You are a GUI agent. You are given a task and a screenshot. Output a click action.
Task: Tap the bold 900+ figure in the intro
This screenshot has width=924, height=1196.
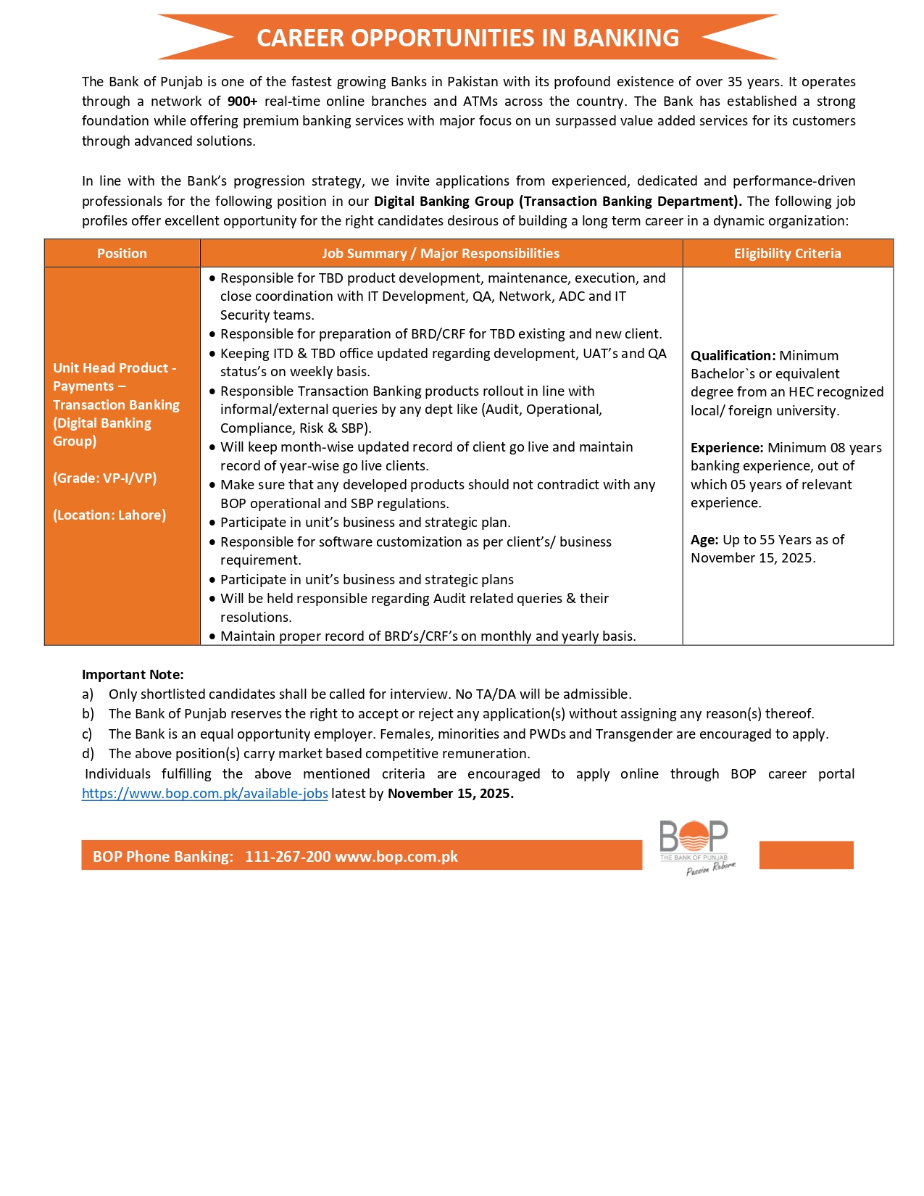coord(242,101)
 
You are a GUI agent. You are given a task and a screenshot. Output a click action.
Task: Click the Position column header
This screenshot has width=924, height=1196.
coord(122,253)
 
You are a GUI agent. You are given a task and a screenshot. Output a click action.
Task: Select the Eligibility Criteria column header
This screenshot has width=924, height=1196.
coord(787,253)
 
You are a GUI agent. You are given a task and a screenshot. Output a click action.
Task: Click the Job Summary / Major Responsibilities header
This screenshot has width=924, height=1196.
coord(441,253)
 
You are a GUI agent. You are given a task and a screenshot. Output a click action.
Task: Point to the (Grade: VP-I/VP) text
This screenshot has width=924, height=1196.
coord(105,478)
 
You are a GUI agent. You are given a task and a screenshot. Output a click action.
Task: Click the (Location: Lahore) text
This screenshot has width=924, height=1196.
coord(109,515)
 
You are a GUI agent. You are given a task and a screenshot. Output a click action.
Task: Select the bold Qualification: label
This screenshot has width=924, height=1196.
coord(733,356)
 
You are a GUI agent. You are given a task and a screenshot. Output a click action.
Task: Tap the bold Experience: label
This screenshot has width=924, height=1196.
coord(727,448)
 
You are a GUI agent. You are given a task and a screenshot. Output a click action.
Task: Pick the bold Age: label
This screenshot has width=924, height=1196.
coord(704,540)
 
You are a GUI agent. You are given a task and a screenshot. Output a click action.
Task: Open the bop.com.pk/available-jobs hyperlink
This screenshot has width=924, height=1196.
coord(205,794)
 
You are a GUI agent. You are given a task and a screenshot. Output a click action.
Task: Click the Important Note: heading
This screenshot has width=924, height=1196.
coord(133,675)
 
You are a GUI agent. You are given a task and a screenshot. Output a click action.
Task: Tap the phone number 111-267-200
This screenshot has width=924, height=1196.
coord(288,857)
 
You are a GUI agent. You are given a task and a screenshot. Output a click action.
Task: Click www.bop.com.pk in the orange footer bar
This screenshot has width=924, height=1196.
coord(396,857)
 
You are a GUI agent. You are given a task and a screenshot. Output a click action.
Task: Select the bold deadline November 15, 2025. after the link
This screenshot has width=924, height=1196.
coord(451,794)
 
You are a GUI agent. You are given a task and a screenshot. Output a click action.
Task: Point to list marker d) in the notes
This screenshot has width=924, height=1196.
coord(88,754)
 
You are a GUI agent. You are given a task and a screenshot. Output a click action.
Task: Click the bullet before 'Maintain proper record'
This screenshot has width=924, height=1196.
coord(212,636)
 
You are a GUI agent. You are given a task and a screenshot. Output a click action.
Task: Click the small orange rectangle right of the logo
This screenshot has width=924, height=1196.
coord(806,855)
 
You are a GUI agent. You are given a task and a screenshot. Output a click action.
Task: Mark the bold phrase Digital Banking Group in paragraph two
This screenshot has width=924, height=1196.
coord(444,202)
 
